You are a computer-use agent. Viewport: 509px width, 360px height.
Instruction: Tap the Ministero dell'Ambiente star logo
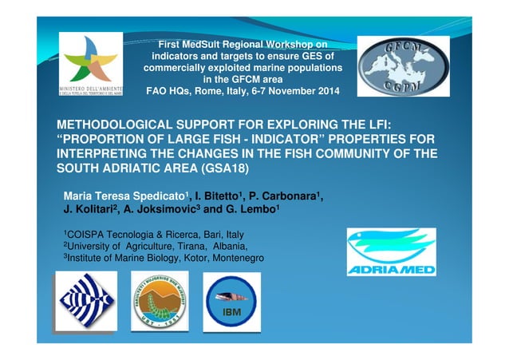(91, 64)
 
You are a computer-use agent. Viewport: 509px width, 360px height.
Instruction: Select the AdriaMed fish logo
(391, 252)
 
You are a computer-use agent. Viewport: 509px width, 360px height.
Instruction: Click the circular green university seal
(160, 302)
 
